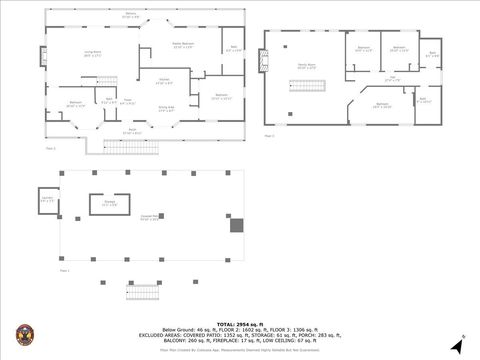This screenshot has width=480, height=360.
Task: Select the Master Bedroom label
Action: click(x=182, y=45)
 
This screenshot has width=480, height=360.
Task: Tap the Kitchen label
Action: click(x=164, y=80)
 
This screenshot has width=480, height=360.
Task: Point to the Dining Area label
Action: click(x=165, y=108)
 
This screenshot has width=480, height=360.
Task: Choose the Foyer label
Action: click(x=128, y=101)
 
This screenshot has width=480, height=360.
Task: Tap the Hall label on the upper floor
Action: click(x=394, y=78)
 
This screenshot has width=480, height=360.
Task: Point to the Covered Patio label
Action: click(x=150, y=218)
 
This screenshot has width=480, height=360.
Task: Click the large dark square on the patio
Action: click(x=236, y=224)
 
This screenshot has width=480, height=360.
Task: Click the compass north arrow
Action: click(x=457, y=345)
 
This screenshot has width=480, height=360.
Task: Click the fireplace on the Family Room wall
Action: click(x=264, y=62)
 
